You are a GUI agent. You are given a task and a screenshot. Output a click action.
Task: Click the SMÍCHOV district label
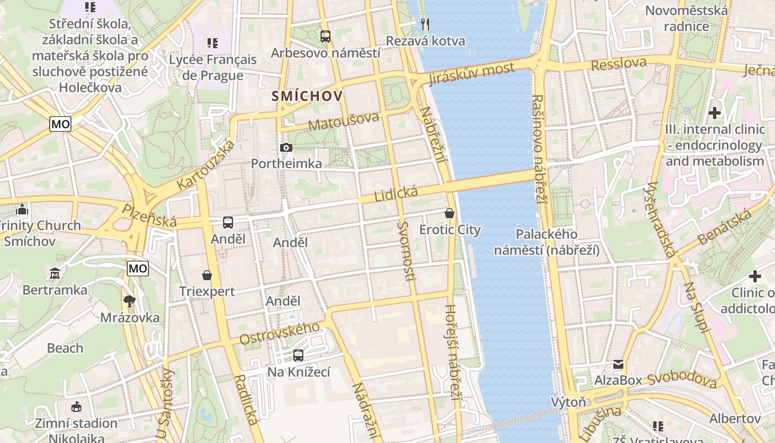coord(307,96)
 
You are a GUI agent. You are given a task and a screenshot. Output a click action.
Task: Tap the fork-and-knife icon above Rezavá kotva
coord(425,24)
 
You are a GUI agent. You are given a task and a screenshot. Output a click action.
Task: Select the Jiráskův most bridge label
coord(472,74)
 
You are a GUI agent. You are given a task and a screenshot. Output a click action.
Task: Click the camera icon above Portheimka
coord(286,147)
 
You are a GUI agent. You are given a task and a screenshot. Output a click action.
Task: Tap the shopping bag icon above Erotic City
coord(449,213)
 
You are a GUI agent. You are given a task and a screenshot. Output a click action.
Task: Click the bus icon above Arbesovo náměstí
coord(325,37)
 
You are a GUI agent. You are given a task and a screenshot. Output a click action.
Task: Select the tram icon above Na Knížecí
coord(298,356)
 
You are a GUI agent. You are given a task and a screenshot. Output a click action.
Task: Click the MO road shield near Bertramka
coord(137,269)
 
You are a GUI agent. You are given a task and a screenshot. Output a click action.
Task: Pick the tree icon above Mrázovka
coord(130,301)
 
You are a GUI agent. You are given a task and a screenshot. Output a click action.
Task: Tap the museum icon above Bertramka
coord(55,274)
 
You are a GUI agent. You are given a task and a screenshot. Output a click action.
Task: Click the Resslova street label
coord(618,64)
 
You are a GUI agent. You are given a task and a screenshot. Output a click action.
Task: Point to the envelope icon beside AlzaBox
coord(618,364)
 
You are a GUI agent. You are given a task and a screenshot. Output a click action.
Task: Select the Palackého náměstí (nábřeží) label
coord(546,242)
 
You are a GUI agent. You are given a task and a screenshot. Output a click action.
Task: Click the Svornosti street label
coord(405,250)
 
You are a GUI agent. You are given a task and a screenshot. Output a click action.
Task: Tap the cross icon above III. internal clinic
coord(715,113)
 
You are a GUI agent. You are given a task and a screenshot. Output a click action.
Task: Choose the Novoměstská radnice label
coord(686,18)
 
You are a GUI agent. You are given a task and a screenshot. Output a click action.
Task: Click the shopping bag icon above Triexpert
coord(207,275)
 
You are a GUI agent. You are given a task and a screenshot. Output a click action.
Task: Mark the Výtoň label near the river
coord(568,401)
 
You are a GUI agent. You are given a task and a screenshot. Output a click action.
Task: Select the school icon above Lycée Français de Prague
coord(213,43)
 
